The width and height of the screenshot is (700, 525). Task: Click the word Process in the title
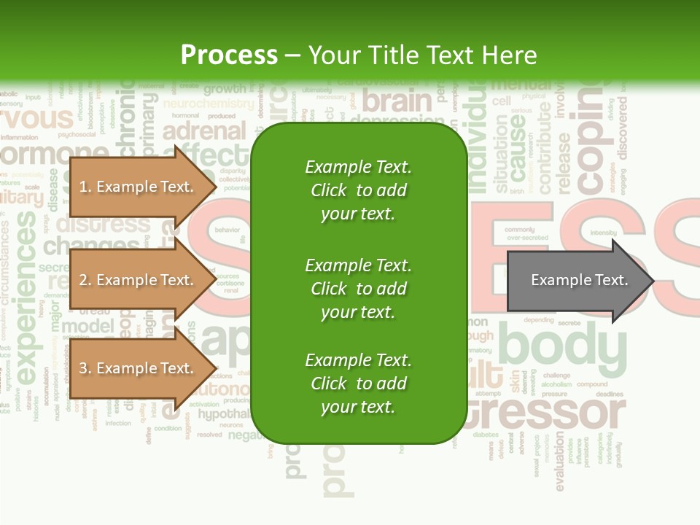229,55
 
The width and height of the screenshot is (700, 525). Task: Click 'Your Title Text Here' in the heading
423,55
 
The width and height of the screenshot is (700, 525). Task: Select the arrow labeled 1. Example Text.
139,187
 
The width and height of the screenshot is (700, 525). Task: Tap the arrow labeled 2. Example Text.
139,280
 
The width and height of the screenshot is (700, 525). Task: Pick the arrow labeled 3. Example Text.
139,368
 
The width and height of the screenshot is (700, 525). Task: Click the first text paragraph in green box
358,190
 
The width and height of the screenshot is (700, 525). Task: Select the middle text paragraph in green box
358,289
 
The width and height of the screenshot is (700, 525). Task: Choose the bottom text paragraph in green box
358,384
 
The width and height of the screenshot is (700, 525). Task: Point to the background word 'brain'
397,101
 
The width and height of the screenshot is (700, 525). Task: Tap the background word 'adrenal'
204,131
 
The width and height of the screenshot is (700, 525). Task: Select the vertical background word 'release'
564,163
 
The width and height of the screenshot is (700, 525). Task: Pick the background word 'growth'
225,90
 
